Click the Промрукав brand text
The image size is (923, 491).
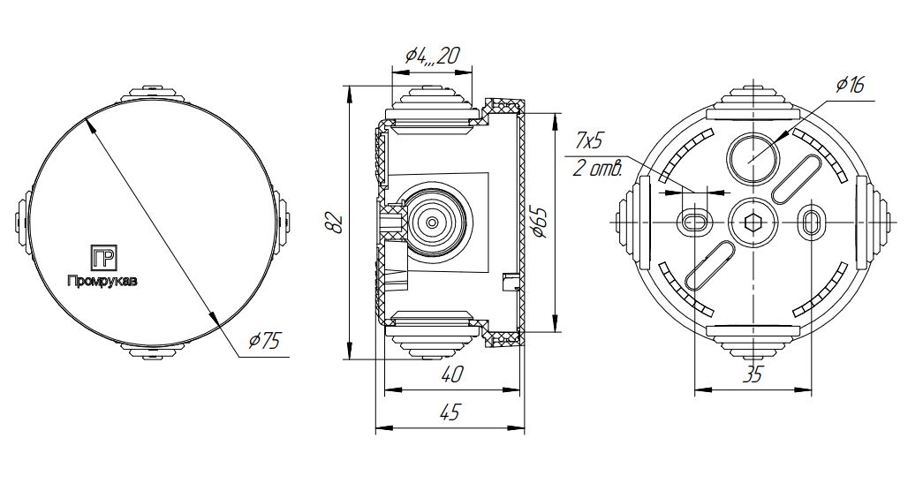(x=102, y=282)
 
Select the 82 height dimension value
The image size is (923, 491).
(x=334, y=223)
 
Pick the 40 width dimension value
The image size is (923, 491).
(x=450, y=375)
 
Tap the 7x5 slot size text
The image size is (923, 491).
(x=587, y=141)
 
